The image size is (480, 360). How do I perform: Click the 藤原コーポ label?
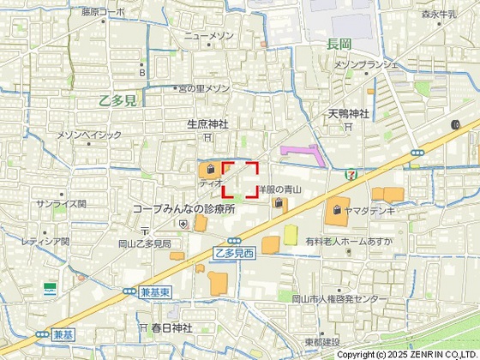point(103,12)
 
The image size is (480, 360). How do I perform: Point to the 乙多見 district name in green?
point(117,100)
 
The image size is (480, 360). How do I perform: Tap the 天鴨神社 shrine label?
point(347,113)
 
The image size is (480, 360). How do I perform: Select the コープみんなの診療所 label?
point(183,209)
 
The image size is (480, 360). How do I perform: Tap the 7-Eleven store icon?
point(352,171)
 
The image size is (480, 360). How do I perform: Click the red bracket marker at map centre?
point(241,180)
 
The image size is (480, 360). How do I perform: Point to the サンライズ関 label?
point(61,204)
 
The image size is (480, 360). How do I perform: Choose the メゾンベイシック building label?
point(90,135)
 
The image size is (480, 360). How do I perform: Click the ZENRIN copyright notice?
point(407,354)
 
